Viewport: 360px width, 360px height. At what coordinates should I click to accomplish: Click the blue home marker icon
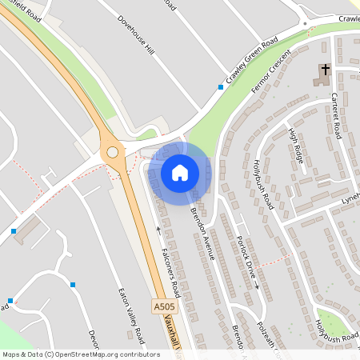click(180, 172)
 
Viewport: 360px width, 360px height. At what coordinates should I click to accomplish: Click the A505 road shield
click(163, 306)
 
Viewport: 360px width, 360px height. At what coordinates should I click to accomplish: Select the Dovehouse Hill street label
click(134, 36)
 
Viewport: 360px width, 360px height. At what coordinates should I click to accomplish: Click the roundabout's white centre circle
click(112, 151)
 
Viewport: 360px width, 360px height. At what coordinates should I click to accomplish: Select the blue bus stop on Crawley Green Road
click(221, 86)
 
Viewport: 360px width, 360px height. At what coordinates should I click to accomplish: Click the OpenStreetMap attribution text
click(81, 354)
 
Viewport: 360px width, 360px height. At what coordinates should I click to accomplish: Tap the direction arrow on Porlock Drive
click(258, 284)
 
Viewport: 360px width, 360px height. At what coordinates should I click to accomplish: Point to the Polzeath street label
click(263, 337)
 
